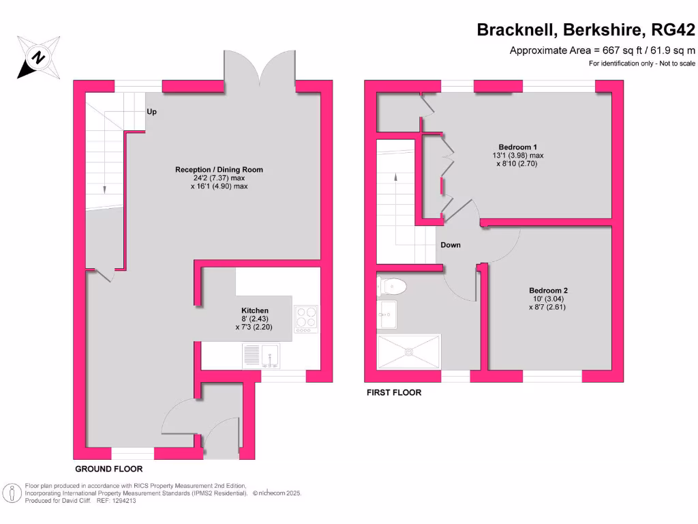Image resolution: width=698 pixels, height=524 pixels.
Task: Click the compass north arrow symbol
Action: coord(37,57)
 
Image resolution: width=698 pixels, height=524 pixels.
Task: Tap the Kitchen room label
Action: coord(255,310)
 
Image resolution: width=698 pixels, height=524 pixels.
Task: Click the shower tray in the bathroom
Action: coord(408,351)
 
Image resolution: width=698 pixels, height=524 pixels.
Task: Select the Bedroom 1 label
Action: coord(518,147)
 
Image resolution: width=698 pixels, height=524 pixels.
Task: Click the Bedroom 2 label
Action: coord(547,290)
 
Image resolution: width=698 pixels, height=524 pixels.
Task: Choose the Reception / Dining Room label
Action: coord(219,170)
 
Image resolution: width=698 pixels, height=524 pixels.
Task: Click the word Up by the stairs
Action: coord(151,112)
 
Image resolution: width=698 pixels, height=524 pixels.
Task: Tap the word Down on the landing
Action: coord(450,245)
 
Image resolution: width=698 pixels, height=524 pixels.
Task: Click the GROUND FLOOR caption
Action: coord(108,469)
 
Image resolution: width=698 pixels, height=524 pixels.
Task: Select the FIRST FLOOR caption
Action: coord(394,392)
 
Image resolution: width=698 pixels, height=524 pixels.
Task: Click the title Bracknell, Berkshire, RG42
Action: coord(586,30)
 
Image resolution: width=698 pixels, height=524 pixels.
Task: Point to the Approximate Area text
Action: coord(602,50)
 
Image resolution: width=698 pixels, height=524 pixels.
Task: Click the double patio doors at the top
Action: coord(260,72)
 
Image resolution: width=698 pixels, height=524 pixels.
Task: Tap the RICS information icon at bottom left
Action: coord(12,493)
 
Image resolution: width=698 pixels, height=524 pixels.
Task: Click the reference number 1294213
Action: coord(122,500)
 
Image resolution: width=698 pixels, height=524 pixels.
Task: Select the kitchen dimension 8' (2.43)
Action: coord(255,319)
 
